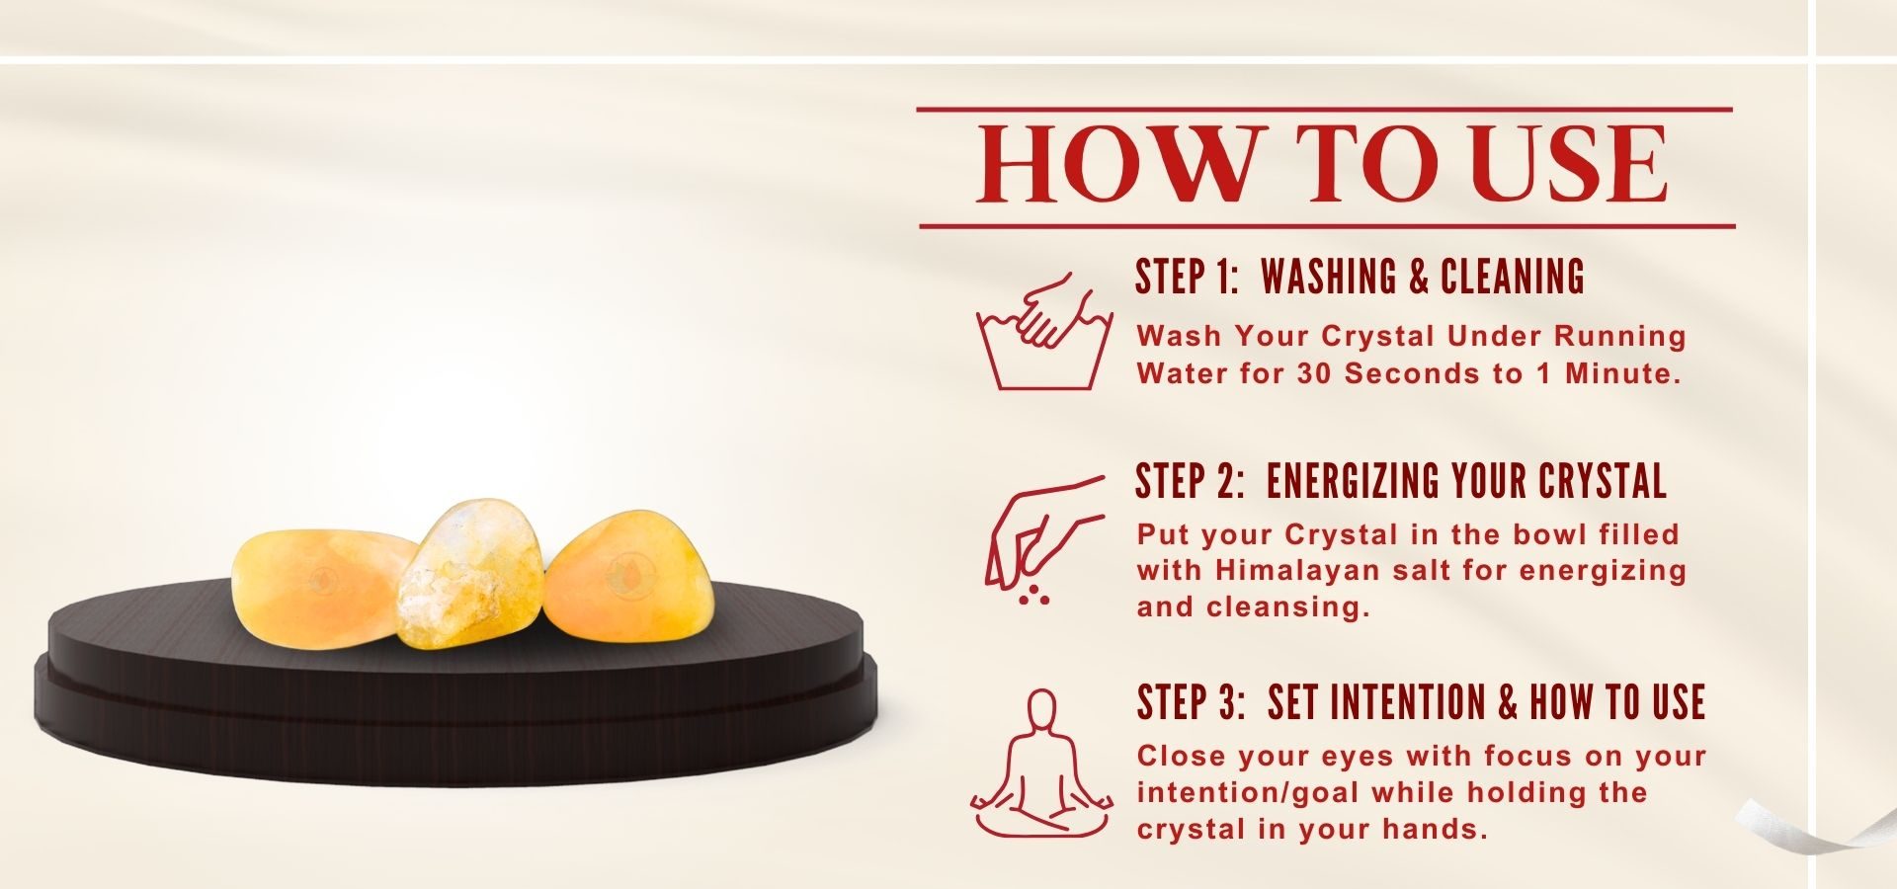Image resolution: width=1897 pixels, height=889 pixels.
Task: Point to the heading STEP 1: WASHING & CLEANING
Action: [1360, 277]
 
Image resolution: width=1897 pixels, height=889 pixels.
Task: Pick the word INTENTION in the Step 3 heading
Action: [1376, 702]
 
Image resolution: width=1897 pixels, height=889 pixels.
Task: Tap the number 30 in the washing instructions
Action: [1316, 373]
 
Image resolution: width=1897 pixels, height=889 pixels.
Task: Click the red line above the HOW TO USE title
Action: [1325, 109]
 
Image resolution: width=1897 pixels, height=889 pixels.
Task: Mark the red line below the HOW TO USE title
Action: [1327, 226]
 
